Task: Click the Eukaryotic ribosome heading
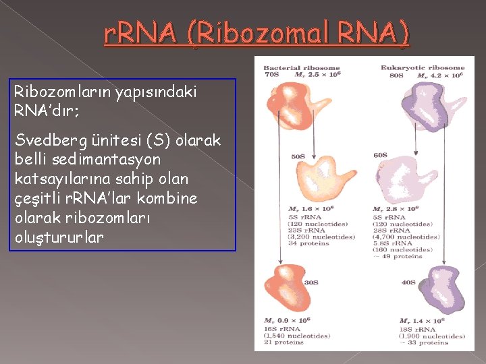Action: point(423,67)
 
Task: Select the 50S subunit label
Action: point(298,156)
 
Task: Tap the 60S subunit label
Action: point(399,155)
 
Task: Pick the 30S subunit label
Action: point(311,283)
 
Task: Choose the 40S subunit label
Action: point(407,283)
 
